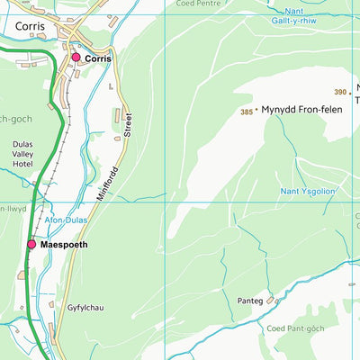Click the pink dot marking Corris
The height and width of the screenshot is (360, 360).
coord(76,58)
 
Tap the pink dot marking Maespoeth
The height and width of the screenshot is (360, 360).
coord(31,244)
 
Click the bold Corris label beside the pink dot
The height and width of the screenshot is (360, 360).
coord(98,58)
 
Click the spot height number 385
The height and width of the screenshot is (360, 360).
coord(246,112)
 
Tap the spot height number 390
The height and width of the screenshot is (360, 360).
coord(339,92)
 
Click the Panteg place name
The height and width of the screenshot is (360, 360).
coord(251,301)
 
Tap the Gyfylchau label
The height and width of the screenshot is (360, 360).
coord(85,308)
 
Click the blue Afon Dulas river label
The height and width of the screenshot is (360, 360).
coord(65,219)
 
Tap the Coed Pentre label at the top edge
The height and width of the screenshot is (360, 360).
coord(197,4)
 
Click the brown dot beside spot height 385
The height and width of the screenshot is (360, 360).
coord(256,110)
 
